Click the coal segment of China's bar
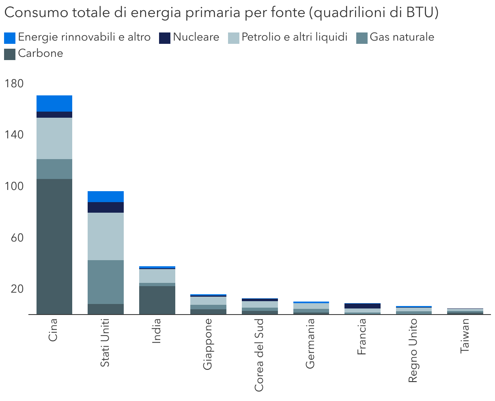54,246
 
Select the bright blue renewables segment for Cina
54,103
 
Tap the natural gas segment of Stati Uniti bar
106,282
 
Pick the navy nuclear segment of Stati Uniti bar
106,207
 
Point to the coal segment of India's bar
157,300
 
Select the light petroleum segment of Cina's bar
54,138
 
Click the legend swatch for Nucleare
165,38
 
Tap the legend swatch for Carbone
10,54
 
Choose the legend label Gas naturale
402,37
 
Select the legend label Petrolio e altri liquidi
295,37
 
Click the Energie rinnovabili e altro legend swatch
10,38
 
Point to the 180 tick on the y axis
14,84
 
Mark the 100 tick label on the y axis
14,186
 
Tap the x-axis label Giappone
208,344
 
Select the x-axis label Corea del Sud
259,355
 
